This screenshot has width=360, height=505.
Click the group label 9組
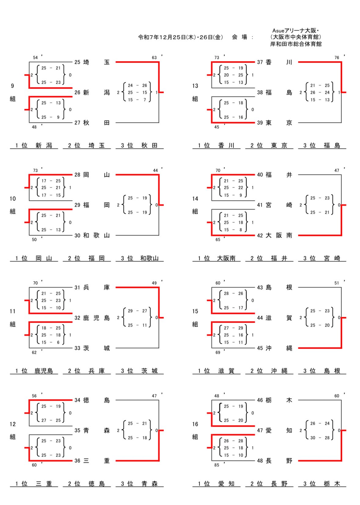(13, 92)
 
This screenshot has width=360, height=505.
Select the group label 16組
(195, 430)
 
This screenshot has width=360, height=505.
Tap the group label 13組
(195, 92)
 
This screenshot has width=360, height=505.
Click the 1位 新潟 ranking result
(34, 146)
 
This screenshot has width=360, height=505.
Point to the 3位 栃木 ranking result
(322, 484)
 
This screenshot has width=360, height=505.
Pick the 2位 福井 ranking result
(269, 258)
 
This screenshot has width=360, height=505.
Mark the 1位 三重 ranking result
(34, 484)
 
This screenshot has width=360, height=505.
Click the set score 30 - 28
(320, 438)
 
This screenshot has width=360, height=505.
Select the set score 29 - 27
(137, 311)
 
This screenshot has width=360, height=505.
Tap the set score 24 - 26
(137, 85)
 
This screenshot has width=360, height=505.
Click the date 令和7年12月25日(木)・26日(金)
(180, 37)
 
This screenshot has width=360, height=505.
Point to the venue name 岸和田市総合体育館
(296, 44)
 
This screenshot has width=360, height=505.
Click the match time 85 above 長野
(216, 465)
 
